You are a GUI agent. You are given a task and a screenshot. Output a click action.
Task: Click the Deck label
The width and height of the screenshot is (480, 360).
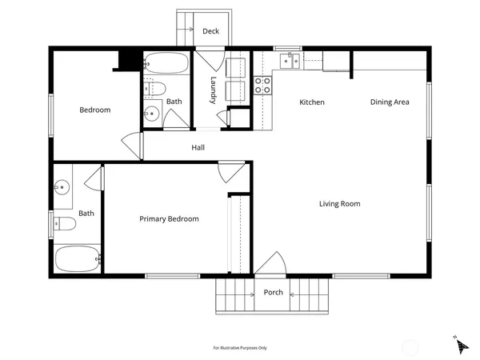point(210,31)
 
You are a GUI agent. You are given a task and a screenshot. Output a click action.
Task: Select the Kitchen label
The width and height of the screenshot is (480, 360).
point(311,102)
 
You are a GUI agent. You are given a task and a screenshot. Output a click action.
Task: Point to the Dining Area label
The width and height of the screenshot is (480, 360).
point(390,102)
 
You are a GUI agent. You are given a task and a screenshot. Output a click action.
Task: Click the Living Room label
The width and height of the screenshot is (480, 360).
point(339,204)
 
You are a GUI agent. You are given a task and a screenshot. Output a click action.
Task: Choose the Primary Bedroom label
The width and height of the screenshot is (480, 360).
point(169,219)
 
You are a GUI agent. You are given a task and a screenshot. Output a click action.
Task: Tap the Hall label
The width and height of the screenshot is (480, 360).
point(198,148)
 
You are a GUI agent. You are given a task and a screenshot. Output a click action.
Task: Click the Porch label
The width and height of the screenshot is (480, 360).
point(273,293)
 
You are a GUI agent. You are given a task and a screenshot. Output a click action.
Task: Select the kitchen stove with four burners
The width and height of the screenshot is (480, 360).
point(262,86)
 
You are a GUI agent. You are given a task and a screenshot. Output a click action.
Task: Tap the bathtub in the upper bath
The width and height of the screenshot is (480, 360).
point(166,62)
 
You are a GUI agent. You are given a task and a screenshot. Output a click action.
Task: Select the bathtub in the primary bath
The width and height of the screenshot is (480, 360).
point(77,258)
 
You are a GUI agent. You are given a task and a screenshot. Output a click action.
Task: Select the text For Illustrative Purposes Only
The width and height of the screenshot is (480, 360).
point(239,348)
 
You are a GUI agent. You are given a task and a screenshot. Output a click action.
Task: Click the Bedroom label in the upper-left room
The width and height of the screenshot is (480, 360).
point(94,110)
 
